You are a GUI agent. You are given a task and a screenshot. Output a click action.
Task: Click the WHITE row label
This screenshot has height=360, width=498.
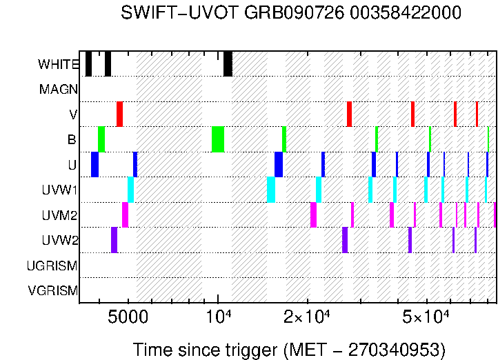pos(59,64)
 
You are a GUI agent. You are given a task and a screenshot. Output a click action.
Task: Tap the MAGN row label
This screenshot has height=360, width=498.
pos(59,89)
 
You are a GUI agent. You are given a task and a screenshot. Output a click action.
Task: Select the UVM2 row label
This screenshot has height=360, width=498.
pos(60,215)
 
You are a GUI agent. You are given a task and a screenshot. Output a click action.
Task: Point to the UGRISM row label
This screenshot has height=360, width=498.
pos(52,266)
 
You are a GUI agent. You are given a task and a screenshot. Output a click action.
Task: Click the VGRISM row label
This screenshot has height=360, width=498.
pos(53,290)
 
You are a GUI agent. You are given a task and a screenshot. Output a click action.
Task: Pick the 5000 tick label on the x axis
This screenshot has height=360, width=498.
pos(128,317)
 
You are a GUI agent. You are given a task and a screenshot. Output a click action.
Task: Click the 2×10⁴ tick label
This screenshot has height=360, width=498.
pos(307,316)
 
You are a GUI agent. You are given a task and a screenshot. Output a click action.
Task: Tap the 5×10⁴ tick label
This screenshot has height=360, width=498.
pos(426,316)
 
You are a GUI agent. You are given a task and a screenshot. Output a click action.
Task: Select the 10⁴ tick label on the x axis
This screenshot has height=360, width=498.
pos(219,316)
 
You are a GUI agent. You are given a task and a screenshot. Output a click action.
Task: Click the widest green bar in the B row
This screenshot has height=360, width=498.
pos(218,139)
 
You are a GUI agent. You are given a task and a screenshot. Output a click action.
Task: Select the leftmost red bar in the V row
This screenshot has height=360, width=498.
pos(119,114)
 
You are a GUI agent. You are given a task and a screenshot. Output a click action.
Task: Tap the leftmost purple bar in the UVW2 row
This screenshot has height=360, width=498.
pos(114,240)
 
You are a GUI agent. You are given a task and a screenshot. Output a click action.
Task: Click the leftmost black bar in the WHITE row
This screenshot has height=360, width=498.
pos(88,63)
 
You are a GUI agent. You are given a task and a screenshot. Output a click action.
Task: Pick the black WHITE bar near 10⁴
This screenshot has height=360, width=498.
pos(228,63)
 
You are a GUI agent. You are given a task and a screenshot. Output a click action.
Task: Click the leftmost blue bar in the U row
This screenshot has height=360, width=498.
pos(94,164)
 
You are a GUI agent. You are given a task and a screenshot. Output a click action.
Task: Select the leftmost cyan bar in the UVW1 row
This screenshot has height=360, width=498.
pos(130,190)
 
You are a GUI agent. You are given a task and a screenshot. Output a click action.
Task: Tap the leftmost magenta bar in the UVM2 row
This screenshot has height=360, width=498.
pos(125,214)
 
